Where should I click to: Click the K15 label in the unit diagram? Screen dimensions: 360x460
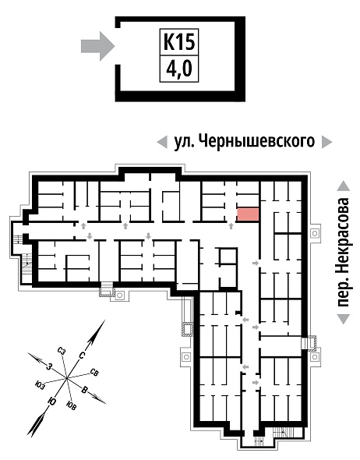179,42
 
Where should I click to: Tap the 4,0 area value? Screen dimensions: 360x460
179,69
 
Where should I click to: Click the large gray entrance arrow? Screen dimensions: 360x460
97,46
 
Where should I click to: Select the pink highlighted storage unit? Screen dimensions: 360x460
248,214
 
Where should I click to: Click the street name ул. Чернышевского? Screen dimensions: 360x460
244,142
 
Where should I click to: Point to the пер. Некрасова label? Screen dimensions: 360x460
344,253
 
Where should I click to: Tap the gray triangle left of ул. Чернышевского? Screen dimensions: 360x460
162,142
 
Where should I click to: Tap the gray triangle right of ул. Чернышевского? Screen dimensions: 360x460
326,142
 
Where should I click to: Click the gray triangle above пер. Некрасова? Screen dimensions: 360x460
344,186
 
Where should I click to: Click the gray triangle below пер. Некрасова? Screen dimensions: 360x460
344,319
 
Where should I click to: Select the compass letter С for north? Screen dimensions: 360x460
82,356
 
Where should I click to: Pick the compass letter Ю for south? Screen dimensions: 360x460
52,401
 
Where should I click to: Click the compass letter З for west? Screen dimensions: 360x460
50,366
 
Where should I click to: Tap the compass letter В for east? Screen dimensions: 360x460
84,391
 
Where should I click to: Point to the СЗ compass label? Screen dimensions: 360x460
62,351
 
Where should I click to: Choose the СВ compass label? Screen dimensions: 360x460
94,373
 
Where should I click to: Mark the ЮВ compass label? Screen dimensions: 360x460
72,406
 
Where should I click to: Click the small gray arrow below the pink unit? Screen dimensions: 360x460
231,226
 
